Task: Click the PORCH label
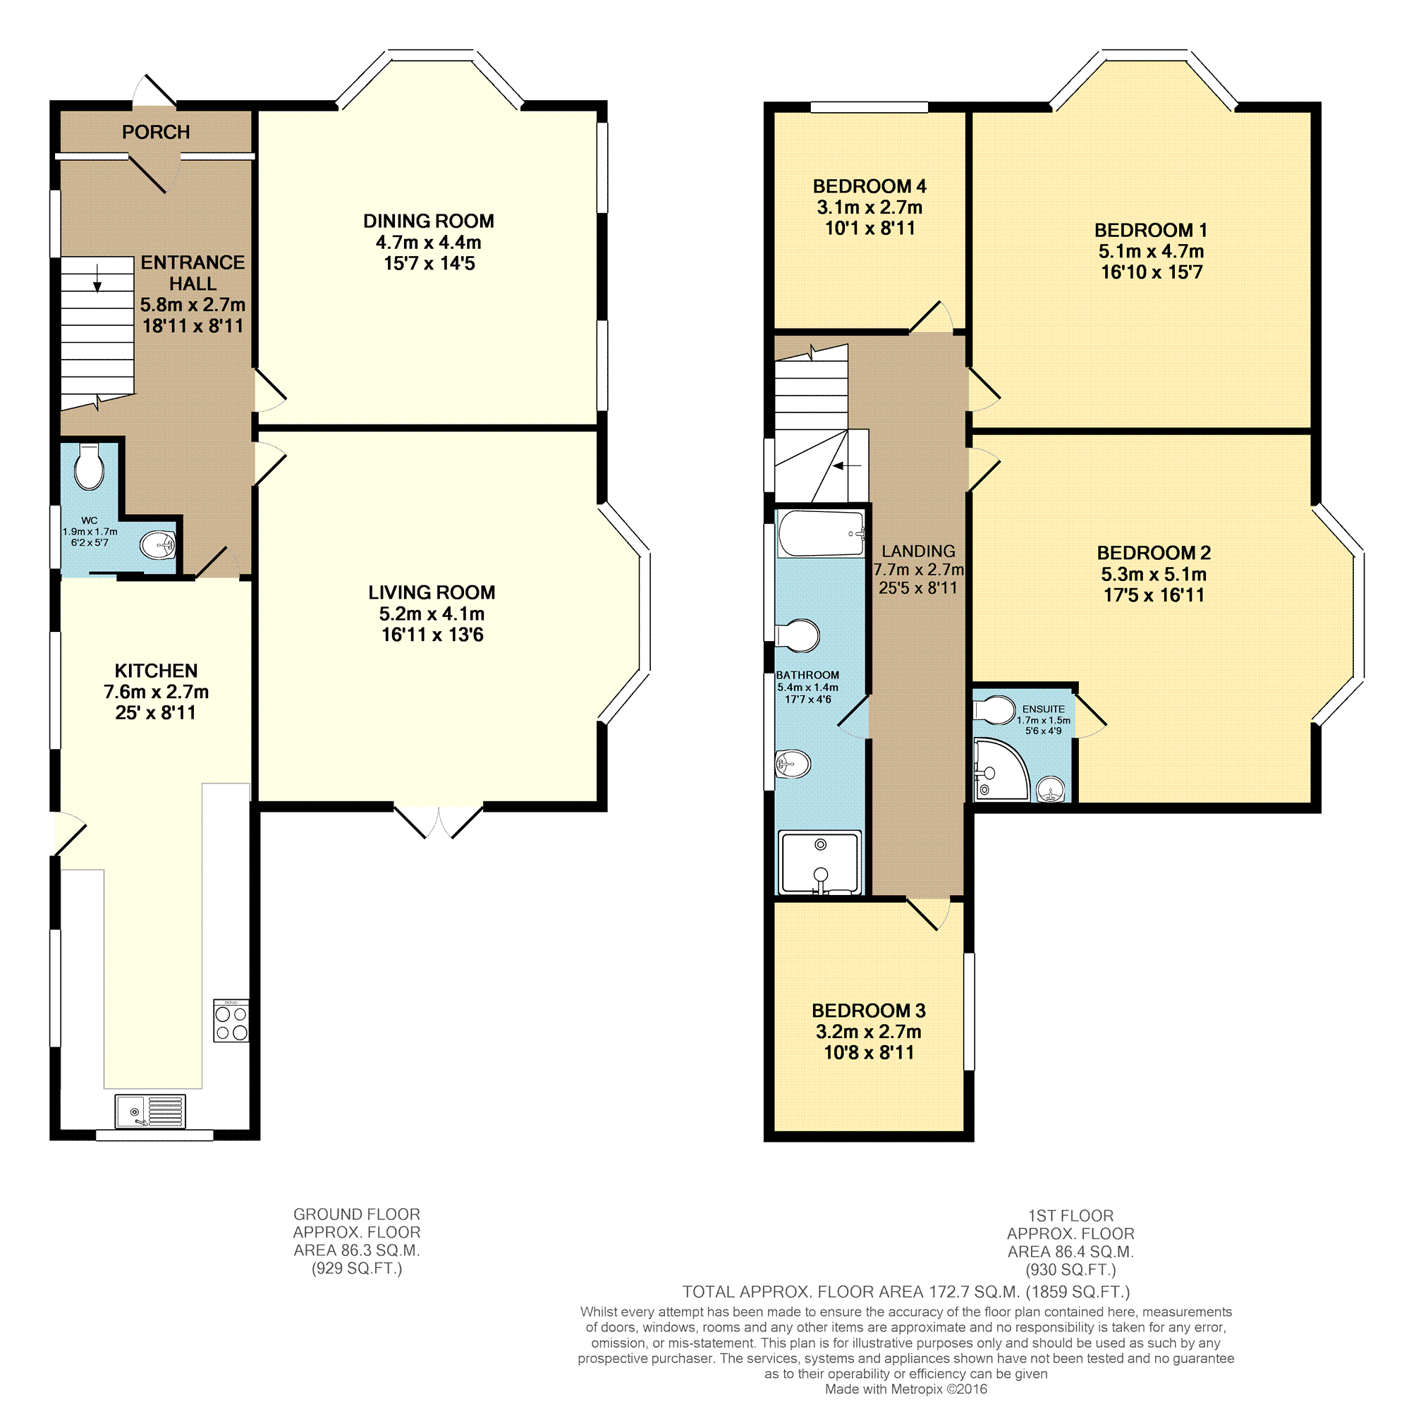(x=156, y=132)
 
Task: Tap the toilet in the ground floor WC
(x=90, y=466)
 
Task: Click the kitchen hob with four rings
(x=231, y=1020)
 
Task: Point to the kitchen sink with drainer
(x=150, y=1112)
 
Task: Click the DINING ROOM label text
(x=429, y=221)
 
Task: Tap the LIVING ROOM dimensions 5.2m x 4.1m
(x=432, y=614)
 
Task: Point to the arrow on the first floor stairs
(x=847, y=466)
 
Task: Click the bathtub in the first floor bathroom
(x=821, y=533)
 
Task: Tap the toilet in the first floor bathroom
(x=797, y=635)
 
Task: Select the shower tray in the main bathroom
(x=819, y=863)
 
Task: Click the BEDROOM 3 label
(x=869, y=1011)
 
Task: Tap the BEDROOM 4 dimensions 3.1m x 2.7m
(x=869, y=207)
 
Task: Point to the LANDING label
(x=918, y=551)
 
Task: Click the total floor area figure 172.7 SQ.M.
(x=976, y=1291)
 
